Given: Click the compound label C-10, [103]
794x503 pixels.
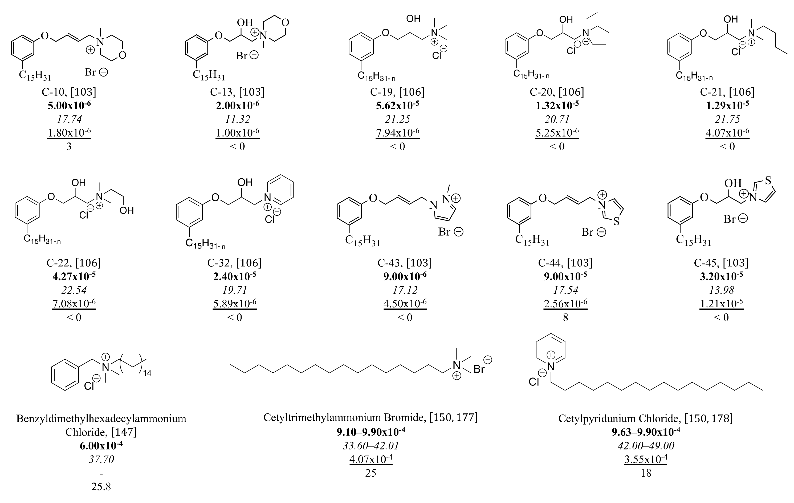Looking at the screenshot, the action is tap(69, 92).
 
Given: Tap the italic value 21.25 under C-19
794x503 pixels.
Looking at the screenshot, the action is tap(397, 119).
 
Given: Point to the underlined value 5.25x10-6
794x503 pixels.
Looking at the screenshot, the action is tap(557, 132).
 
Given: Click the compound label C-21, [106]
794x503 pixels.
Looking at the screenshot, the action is tap(727, 92).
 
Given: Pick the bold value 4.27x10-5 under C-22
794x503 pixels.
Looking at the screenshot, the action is tap(74, 276).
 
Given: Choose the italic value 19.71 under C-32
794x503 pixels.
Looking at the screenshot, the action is tap(234, 290).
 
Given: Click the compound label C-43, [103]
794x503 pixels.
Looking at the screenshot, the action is tap(405, 263).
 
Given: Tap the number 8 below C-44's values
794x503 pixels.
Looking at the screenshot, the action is tap(565, 317).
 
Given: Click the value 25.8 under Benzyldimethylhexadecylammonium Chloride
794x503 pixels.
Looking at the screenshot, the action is tap(101, 486).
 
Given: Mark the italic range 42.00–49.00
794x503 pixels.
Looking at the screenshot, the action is tap(646, 446).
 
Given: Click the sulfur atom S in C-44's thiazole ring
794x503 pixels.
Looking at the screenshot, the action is tap(616, 222).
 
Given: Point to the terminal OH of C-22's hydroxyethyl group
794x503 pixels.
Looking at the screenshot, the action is tap(127, 210).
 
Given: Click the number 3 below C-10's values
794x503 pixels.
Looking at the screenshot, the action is tap(69, 147).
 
